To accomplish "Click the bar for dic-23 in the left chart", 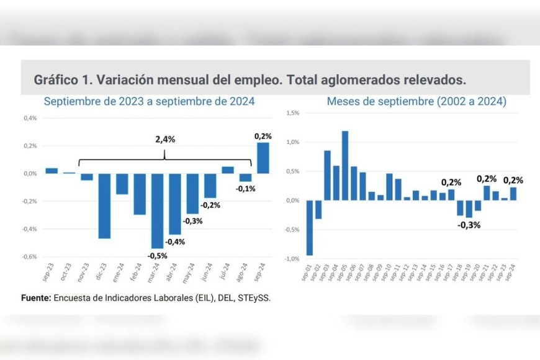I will (x=104, y=205).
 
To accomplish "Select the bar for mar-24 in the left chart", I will (x=158, y=210).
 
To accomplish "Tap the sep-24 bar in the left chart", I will (x=263, y=158).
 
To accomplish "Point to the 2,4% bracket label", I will (x=164, y=140).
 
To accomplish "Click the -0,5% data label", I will (x=157, y=255).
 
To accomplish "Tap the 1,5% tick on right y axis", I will (x=292, y=114).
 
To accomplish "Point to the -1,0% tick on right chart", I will (x=292, y=259).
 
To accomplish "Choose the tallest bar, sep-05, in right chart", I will (x=345, y=165).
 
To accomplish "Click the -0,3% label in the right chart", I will (x=469, y=225).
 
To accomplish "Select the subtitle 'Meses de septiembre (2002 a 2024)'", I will (x=416, y=101).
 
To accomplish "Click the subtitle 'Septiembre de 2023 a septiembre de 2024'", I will (x=149, y=101).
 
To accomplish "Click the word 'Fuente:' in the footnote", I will (x=36, y=297).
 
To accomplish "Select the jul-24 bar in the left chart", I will (x=228, y=170).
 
